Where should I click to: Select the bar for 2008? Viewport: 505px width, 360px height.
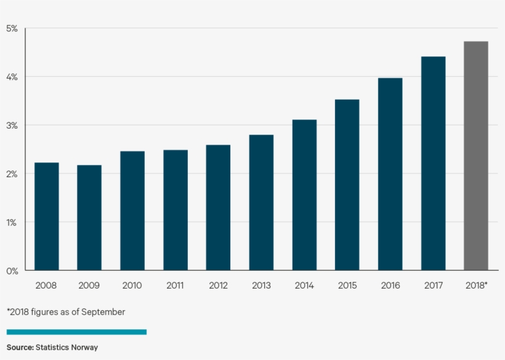pyautogui.click(x=46, y=216)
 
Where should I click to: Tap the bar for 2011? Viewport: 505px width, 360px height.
pyautogui.click(x=176, y=210)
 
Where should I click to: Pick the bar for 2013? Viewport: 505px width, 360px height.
pyautogui.click(x=261, y=202)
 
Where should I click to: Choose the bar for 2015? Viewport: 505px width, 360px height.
pyautogui.click(x=347, y=185)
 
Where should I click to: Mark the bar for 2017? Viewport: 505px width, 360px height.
pyautogui.click(x=433, y=163)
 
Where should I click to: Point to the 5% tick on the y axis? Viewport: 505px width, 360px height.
pyautogui.click(x=12, y=28)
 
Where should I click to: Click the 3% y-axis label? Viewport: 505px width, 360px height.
pyautogui.click(x=12, y=125)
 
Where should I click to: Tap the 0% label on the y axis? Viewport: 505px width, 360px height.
pyautogui.click(x=12, y=271)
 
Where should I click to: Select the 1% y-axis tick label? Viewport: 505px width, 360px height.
pyautogui.click(x=12, y=222)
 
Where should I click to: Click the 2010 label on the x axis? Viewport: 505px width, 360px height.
pyautogui.click(x=132, y=286)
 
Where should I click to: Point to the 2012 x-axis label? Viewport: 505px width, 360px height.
pyautogui.click(x=218, y=286)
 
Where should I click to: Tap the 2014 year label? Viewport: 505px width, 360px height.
pyautogui.click(x=304, y=286)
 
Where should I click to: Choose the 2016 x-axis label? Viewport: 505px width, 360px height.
pyautogui.click(x=390, y=286)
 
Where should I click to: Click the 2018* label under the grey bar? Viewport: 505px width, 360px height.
pyautogui.click(x=476, y=286)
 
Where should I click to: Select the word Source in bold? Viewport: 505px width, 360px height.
pyautogui.click(x=20, y=348)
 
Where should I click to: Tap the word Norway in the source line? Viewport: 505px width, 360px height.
pyautogui.click(x=84, y=348)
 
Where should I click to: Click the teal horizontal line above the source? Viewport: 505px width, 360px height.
pyautogui.click(x=76, y=332)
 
